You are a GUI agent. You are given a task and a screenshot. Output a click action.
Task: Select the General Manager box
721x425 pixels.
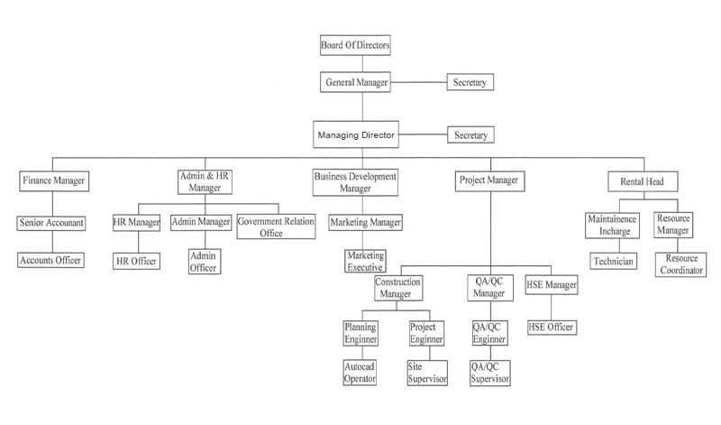355,82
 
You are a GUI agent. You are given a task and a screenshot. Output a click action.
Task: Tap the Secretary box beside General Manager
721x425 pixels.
470,82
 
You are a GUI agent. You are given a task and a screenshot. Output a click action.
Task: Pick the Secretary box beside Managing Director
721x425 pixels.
470,135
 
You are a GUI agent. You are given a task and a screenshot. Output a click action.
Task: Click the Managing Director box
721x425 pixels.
356,135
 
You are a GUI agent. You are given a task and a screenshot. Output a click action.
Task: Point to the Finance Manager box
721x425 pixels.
54,180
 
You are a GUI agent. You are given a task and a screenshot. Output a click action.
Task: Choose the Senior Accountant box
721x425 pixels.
52,222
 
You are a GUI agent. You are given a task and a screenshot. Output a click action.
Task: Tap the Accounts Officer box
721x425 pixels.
51,260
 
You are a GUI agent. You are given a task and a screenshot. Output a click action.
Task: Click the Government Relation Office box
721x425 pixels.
277,226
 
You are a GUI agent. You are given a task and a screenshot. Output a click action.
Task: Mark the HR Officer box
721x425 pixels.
136,261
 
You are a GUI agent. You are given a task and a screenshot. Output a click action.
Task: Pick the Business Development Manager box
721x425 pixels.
355,180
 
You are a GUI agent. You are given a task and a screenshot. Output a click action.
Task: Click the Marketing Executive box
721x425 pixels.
365,261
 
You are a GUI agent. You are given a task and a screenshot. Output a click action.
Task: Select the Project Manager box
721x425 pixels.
488,180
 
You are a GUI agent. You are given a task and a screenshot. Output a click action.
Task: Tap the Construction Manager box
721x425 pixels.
398,289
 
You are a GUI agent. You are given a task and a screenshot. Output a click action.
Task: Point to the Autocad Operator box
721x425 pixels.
360,373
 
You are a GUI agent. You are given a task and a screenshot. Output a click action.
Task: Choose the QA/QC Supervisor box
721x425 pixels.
490,373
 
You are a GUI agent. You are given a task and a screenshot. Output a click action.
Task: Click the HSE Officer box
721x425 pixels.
551,326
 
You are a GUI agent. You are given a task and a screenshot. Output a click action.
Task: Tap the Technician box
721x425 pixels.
613,261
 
